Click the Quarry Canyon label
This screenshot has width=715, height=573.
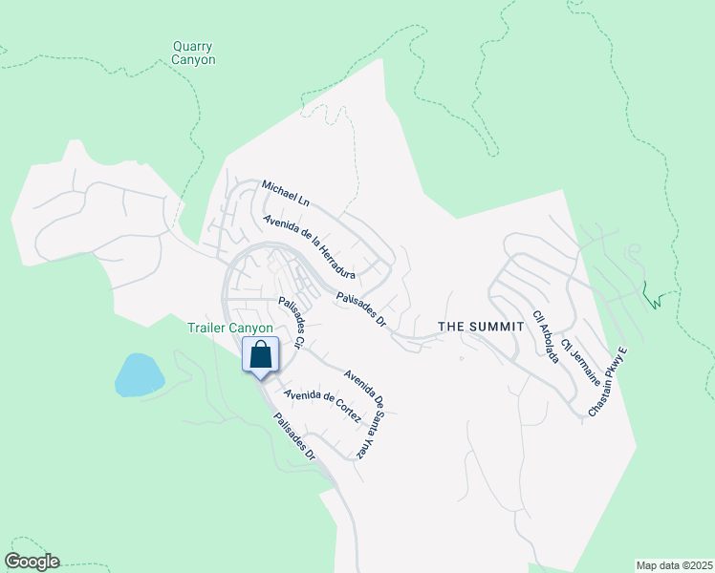tap(193, 53)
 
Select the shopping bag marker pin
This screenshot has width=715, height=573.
tap(261, 356)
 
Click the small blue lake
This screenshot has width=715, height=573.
tap(138, 374)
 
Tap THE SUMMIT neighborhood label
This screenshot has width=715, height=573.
tap(481, 327)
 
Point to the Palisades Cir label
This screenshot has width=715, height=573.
tap(291, 323)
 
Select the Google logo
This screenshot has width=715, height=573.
tap(32, 562)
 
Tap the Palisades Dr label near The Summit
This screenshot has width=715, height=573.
tap(359, 310)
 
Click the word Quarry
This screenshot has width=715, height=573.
tap(193, 45)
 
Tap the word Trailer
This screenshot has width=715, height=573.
tap(211, 329)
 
